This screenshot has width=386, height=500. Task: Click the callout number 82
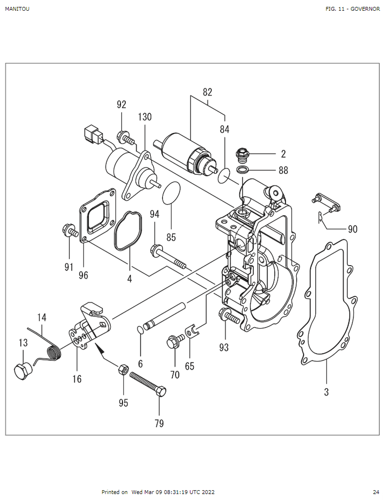click(207, 92)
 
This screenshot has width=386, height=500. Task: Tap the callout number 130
click(145, 117)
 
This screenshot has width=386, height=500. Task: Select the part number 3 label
click(326, 391)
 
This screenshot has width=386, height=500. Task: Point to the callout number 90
click(352, 229)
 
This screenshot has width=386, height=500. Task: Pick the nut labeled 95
click(123, 369)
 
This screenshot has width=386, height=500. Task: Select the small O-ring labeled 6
click(140, 330)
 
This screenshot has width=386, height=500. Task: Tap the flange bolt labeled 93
click(227, 316)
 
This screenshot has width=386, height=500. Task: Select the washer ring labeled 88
click(242, 170)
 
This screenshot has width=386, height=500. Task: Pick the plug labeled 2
click(241, 155)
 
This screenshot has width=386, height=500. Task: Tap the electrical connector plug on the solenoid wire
click(92, 133)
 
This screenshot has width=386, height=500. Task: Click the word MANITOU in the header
click(17, 9)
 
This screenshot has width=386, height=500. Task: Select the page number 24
click(376, 492)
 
